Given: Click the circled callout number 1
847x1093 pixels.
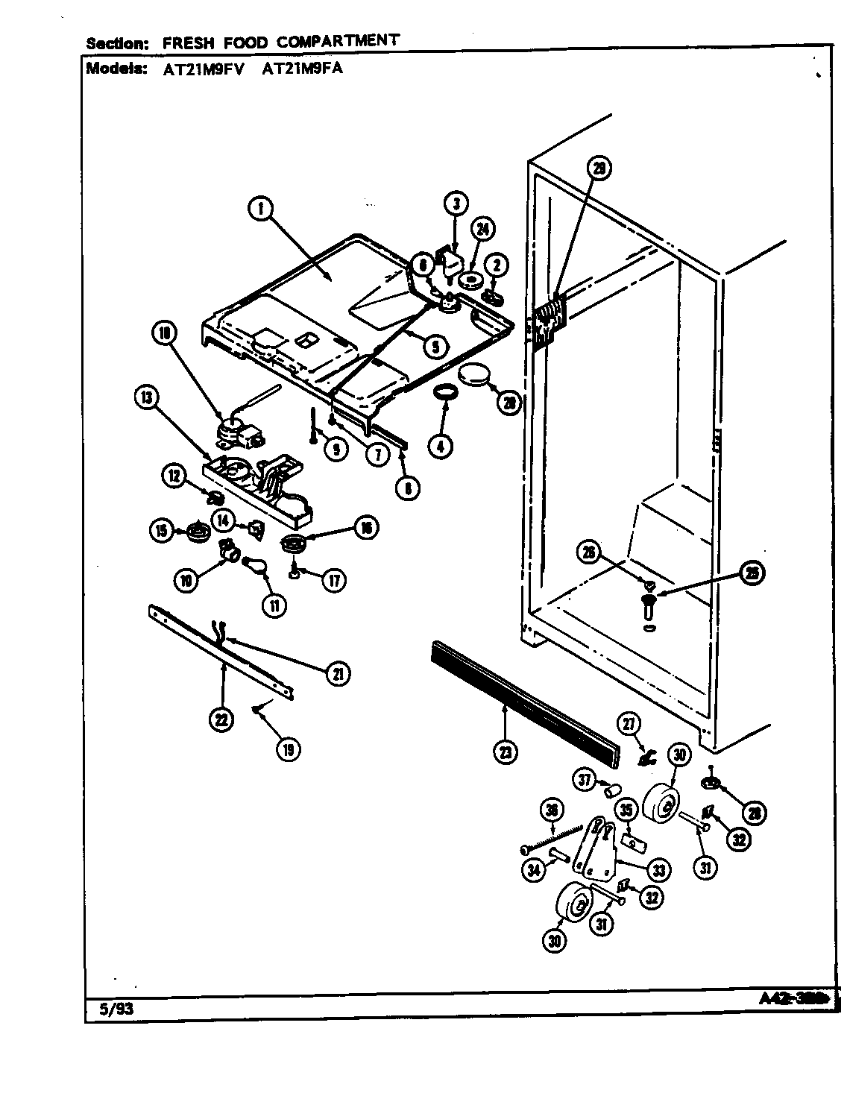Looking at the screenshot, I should tap(260, 210).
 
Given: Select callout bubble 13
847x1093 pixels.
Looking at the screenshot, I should tap(146, 399).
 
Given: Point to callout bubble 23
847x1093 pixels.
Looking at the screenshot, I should tap(506, 752).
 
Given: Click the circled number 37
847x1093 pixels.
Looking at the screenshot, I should tap(585, 780).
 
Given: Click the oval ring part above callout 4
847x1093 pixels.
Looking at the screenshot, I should tap(445, 391).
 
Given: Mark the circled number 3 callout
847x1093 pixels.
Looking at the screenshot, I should tap(456, 202).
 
